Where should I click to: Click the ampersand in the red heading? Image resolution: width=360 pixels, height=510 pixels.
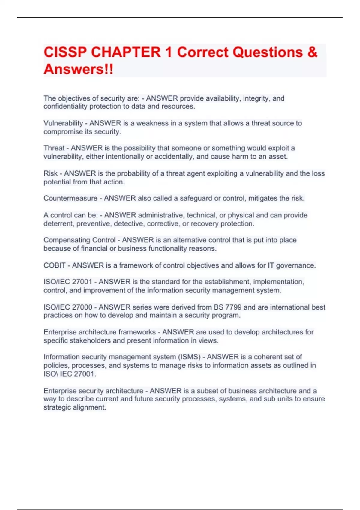[312, 52]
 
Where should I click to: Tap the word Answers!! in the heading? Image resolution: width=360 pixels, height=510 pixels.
[79, 69]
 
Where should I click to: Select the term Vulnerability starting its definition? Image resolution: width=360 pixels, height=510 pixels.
[63, 123]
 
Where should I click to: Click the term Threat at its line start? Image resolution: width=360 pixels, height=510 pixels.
[54, 148]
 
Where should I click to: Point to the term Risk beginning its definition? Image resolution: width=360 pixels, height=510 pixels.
[50, 173]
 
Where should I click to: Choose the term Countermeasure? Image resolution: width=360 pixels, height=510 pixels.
[70, 198]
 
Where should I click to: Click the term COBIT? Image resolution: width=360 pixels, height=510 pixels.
[55, 265]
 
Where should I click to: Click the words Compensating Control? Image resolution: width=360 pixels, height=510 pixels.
[79, 240]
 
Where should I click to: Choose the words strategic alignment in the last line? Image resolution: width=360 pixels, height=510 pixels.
[75, 407]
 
